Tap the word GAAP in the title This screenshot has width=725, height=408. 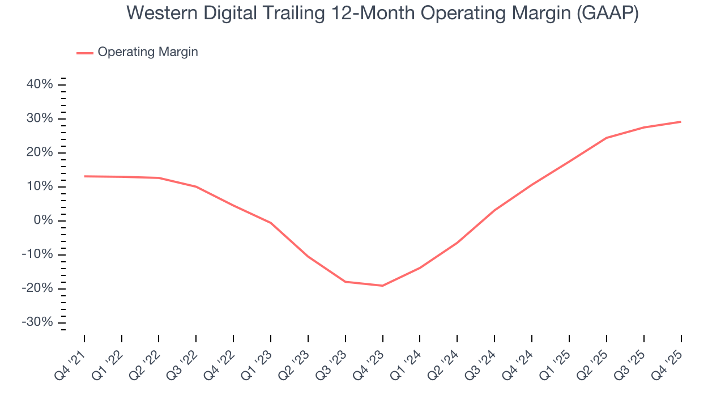(607, 12)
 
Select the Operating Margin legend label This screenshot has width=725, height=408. (148, 52)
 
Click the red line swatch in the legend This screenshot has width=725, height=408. (85, 53)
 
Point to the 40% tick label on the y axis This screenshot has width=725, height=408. (40, 84)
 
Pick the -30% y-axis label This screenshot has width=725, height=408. (37, 322)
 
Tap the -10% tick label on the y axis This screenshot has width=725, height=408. (37, 254)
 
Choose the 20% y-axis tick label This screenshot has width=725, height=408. (40, 152)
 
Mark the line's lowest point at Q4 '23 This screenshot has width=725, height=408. (383, 286)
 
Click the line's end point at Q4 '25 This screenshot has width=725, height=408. (680, 122)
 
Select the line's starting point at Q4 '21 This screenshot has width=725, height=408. (85, 176)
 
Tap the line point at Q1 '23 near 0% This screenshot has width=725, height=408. (271, 223)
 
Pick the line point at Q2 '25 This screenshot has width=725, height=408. (606, 138)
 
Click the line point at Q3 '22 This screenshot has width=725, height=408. (196, 186)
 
